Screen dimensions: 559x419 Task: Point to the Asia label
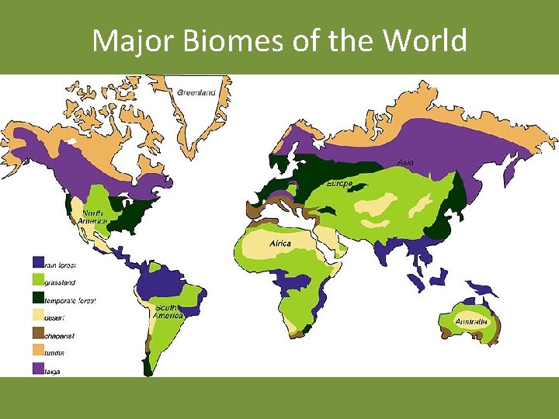point(404,162)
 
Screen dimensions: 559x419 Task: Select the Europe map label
point(339,184)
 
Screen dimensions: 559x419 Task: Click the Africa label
point(280,243)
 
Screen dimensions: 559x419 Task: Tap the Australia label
point(470,321)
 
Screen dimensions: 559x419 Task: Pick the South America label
point(168,312)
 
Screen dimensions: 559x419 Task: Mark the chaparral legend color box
point(38,334)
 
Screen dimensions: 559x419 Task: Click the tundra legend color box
point(38,352)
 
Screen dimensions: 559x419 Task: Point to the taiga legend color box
point(38,370)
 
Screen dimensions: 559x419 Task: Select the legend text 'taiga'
point(54,371)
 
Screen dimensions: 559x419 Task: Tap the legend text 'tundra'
point(55,353)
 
